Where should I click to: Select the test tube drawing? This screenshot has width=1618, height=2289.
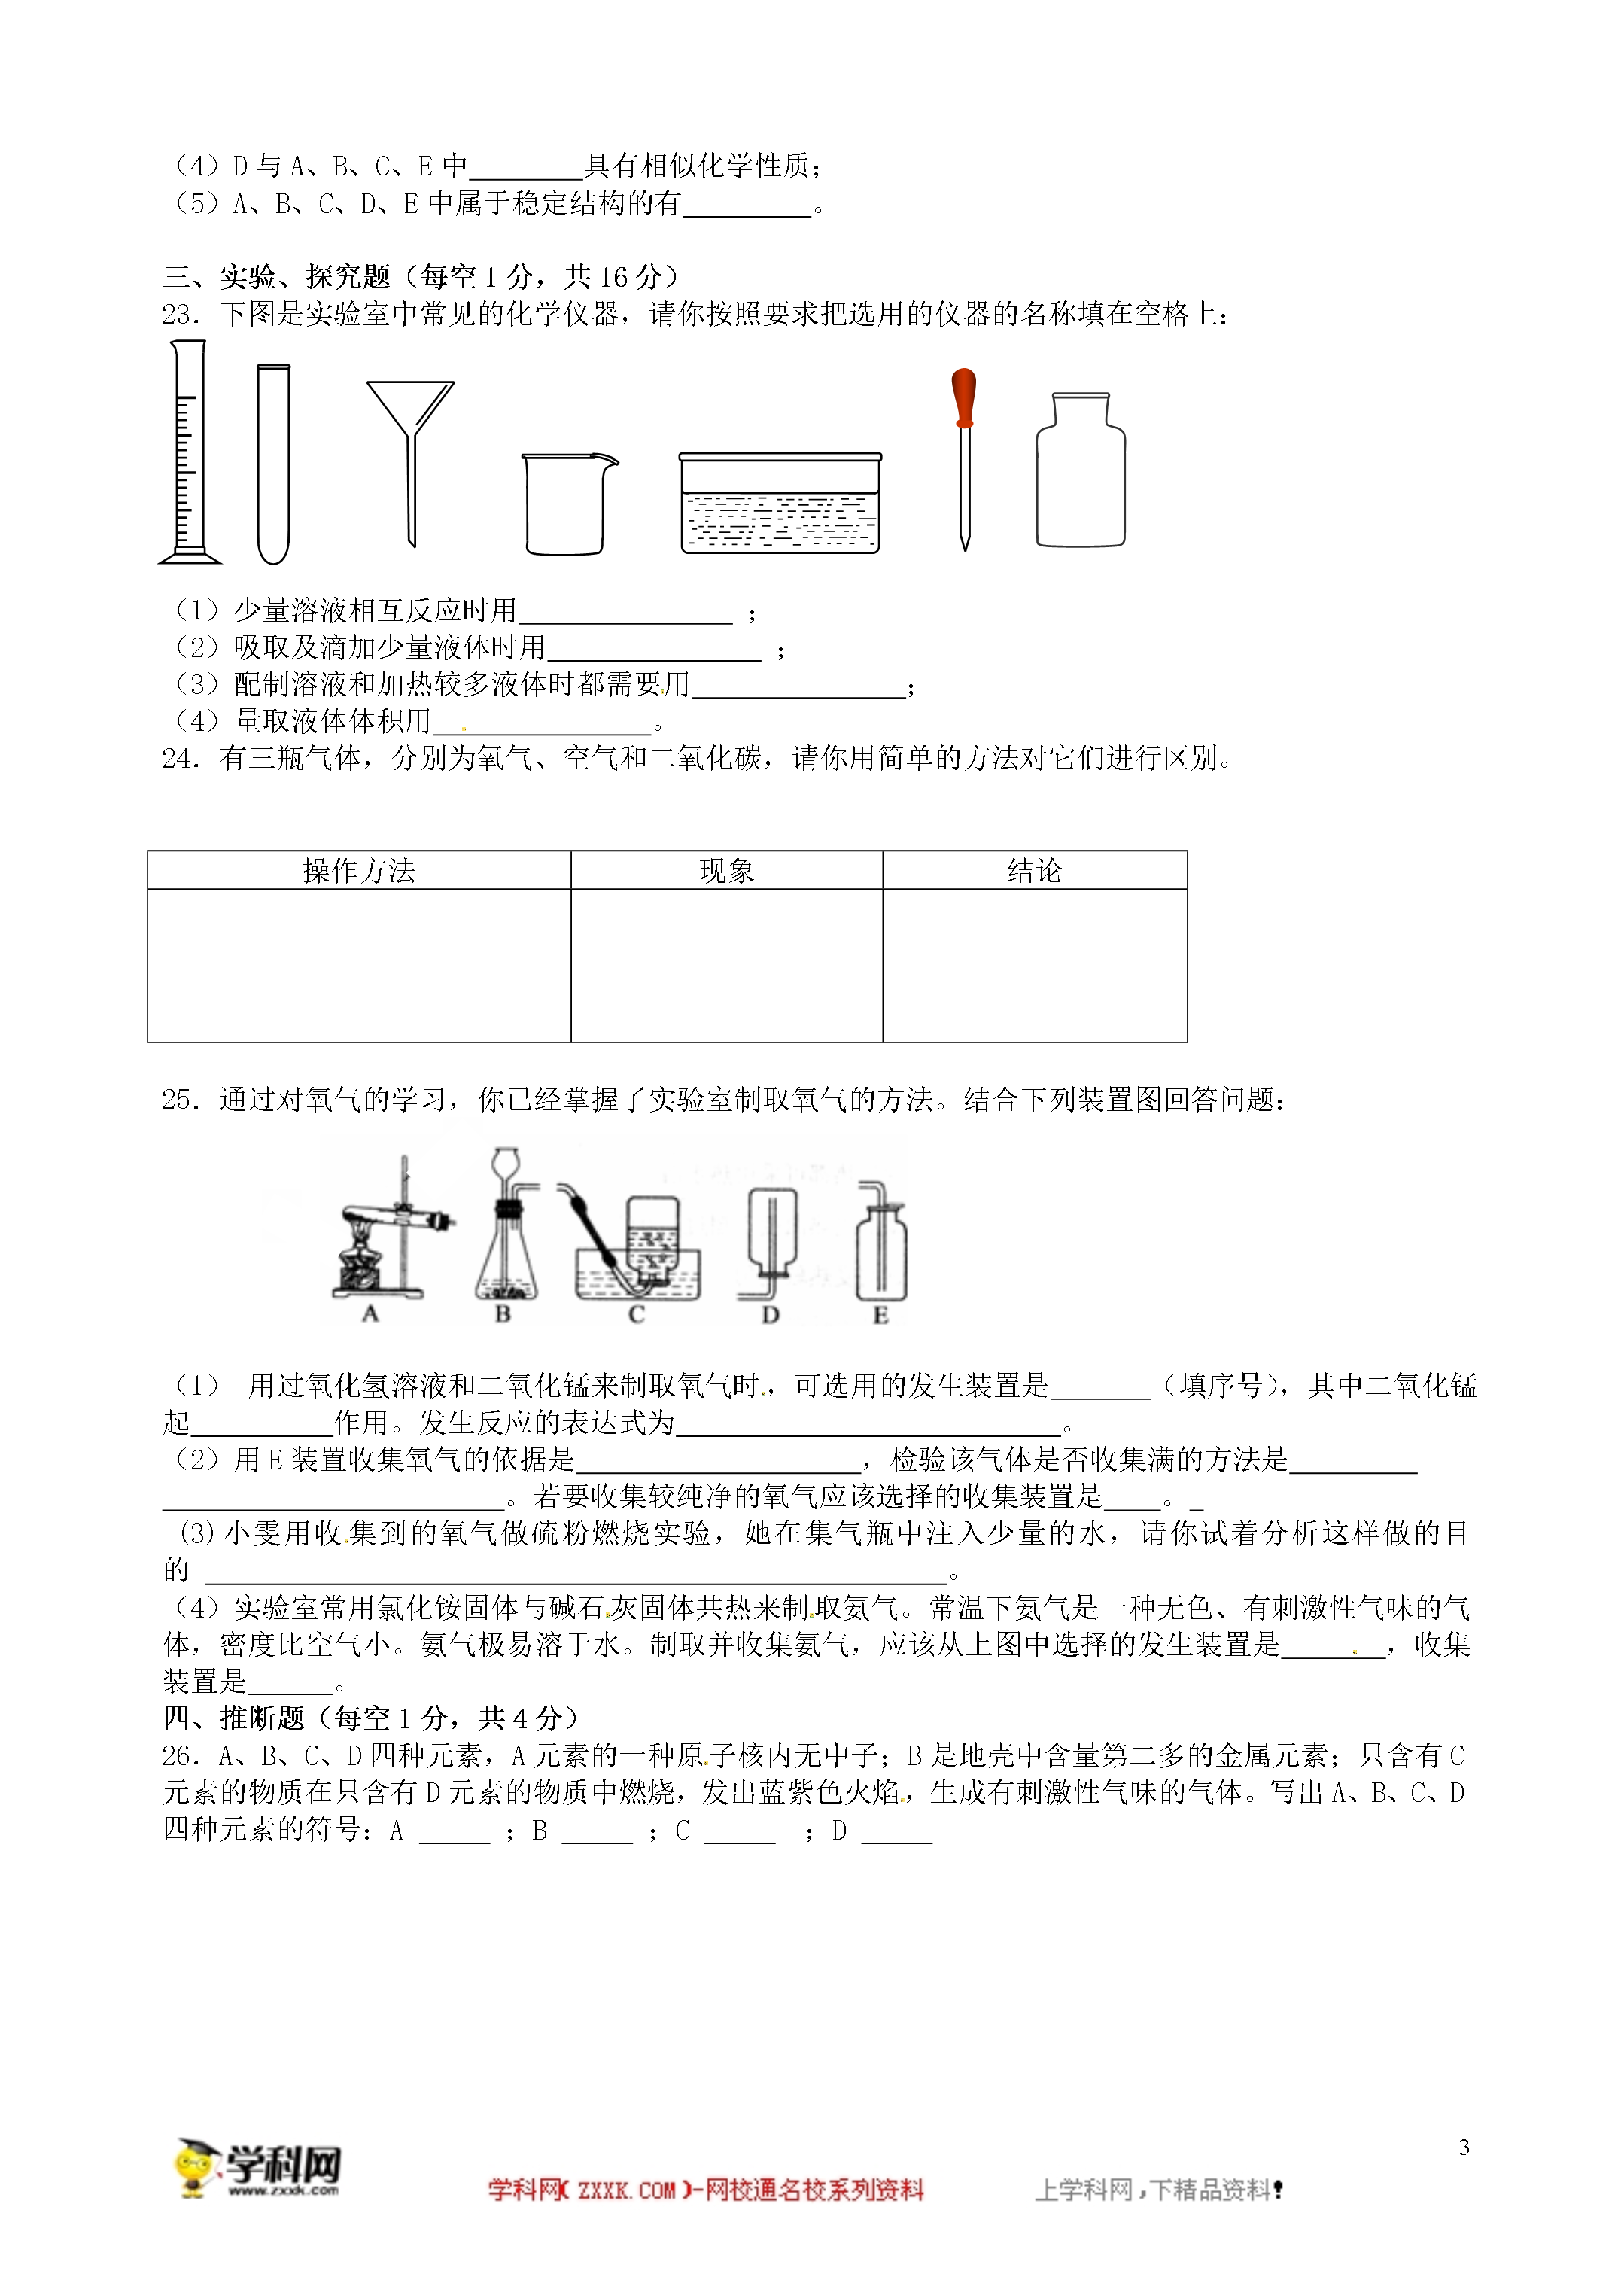tap(273, 464)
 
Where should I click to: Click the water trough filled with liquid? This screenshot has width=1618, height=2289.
tap(780, 504)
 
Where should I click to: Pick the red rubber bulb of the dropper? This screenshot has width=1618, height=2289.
tap(963, 396)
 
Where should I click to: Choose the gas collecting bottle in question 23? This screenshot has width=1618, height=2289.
tap(1081, 470)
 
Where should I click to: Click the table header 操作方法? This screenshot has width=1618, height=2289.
tap(359, 870)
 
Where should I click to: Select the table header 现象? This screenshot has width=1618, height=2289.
tap(725, 870)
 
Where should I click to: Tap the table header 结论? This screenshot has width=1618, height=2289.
tap(1034, 870)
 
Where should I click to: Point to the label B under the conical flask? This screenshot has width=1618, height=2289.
tap(503, 1314)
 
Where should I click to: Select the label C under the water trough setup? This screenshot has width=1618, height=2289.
tap(636, 1314)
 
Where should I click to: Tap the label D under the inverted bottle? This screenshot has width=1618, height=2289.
tap(770, 1315)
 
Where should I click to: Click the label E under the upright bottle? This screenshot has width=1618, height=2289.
tap(880, 1315)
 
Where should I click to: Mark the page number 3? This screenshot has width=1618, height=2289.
tap(1464, 2147)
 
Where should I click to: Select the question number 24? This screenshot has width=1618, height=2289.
tap(181, 759)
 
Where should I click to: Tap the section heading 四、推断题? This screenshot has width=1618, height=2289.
tap(233, 1718)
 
